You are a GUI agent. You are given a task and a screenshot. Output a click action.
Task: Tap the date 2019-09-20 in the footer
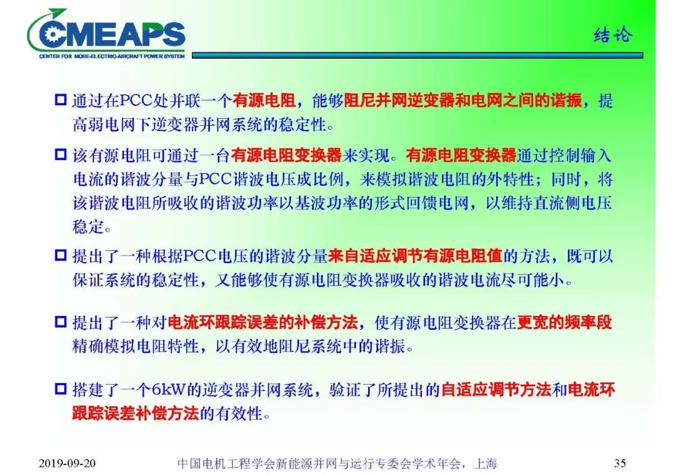pyautogui.click(x=67, y=464)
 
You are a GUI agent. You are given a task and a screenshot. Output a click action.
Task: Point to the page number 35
pyautogui.click(x=619, y=464)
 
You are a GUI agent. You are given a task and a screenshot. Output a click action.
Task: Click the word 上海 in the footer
pyautogui.click(x=486, y=464)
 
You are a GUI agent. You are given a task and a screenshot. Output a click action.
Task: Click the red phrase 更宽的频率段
pyautogui.click(x=564, y=323)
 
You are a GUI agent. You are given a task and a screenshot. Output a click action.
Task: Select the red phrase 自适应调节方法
pyautogui.click(x=496, y=391)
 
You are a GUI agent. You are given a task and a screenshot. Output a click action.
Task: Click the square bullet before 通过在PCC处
pyautogui.click(x=60, y=101)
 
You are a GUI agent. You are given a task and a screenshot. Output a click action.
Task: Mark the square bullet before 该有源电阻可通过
pyautogui.click(x=60, y=155)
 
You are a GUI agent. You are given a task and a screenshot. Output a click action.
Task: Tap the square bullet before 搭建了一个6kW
pyautogui.click(x=60, y=391)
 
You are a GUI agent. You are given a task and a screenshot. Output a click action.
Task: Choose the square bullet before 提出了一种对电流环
pyautogui.click(x=60, y=323)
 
